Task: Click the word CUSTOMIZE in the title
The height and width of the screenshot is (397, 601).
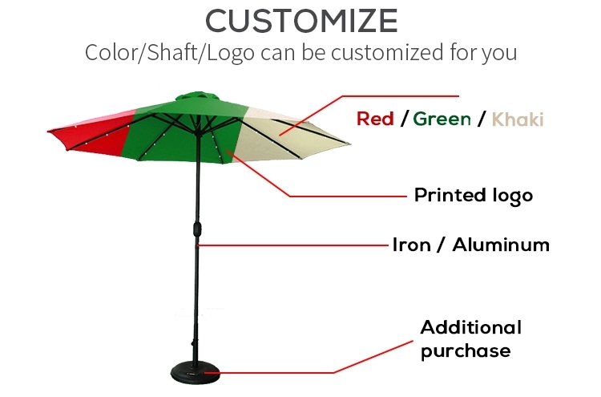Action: tap(301, 21)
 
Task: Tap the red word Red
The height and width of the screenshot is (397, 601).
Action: tap(375, 119)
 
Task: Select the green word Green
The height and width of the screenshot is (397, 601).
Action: tap(442, 119)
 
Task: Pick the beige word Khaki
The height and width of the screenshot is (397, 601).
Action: tap(518, 120)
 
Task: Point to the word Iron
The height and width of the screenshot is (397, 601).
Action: tap(411, 245)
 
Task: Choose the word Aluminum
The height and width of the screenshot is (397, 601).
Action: tap(501, 245)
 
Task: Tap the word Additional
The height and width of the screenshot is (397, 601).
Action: tap(470, 327)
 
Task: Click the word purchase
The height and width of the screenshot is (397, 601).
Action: tap(466, 351)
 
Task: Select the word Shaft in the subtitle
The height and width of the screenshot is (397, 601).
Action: tap(171, 52)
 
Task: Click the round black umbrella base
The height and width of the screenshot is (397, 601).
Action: tap(196, 372)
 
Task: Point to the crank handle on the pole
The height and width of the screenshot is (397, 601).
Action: tap(197, 229)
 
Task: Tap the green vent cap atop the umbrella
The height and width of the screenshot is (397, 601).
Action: tap(197, 96)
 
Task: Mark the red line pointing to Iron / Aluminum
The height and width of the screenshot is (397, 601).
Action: tap(292, 245)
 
